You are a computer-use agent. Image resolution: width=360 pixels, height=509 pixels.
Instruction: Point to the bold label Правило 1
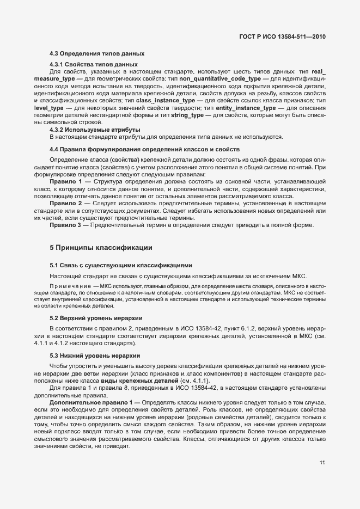click(66, 180)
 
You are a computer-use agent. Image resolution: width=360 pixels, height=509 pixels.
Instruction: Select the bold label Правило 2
click(66, 203)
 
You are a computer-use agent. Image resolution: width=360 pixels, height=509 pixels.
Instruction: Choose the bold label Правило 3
click(66, 224)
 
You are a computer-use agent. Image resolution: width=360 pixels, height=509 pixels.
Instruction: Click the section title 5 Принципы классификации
click(101, 248)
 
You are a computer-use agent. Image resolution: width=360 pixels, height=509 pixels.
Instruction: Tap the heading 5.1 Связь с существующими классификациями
click(121, 266)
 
